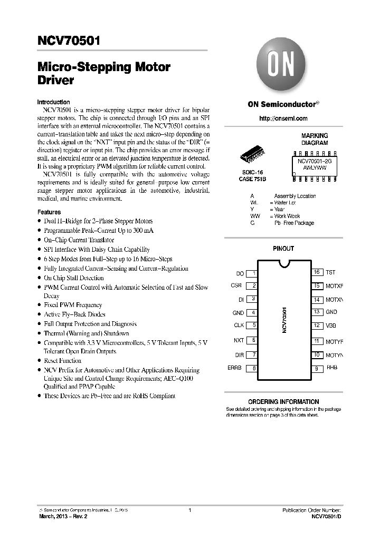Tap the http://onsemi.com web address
click(283, 119)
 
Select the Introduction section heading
click(53, 102)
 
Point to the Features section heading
click(49, 212)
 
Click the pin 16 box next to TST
click(317, 272)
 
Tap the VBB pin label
click(331, 325)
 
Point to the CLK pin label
click(239, 325)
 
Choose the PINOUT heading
click(283, 249)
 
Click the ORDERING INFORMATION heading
click(283, 402)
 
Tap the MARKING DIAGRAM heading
click(315, 139)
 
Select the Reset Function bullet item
click(62, 361)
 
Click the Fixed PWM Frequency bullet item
click(73, 305)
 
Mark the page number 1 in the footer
click(189, 510)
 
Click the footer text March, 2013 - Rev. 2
click(63, 517)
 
